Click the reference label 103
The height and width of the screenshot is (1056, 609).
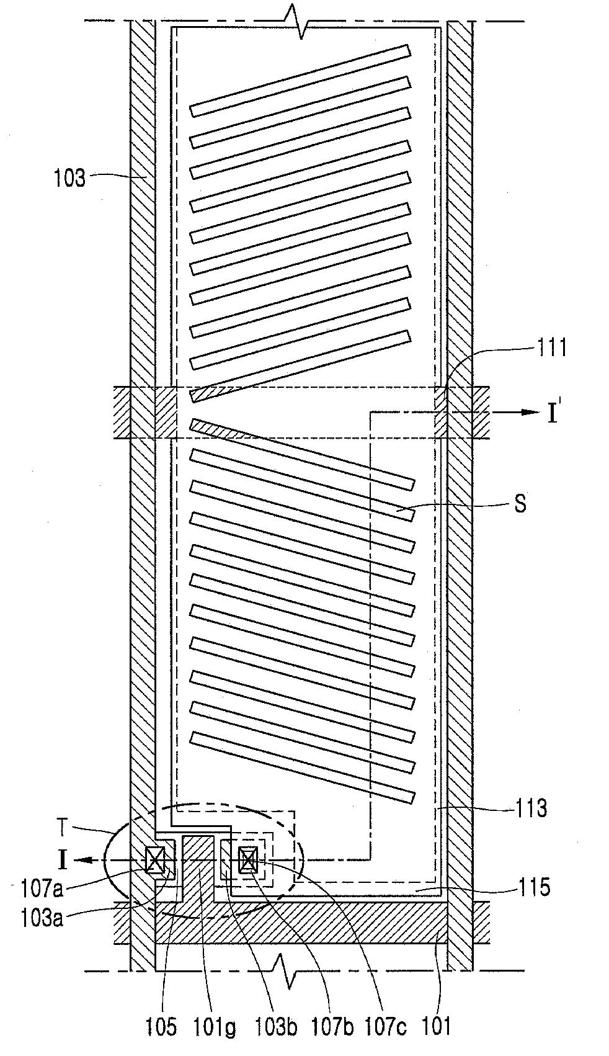pyautogui.click(x=69, y=178)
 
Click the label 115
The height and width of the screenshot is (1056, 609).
pyautogui.click(x=533, y=888)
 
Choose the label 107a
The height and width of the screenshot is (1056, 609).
pyautogui.click(x=42, y=889)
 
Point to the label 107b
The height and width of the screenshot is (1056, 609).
pyautogui.click(x=332, y=1028)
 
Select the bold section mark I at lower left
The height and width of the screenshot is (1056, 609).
pyautogui.click(x=63, y=861)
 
